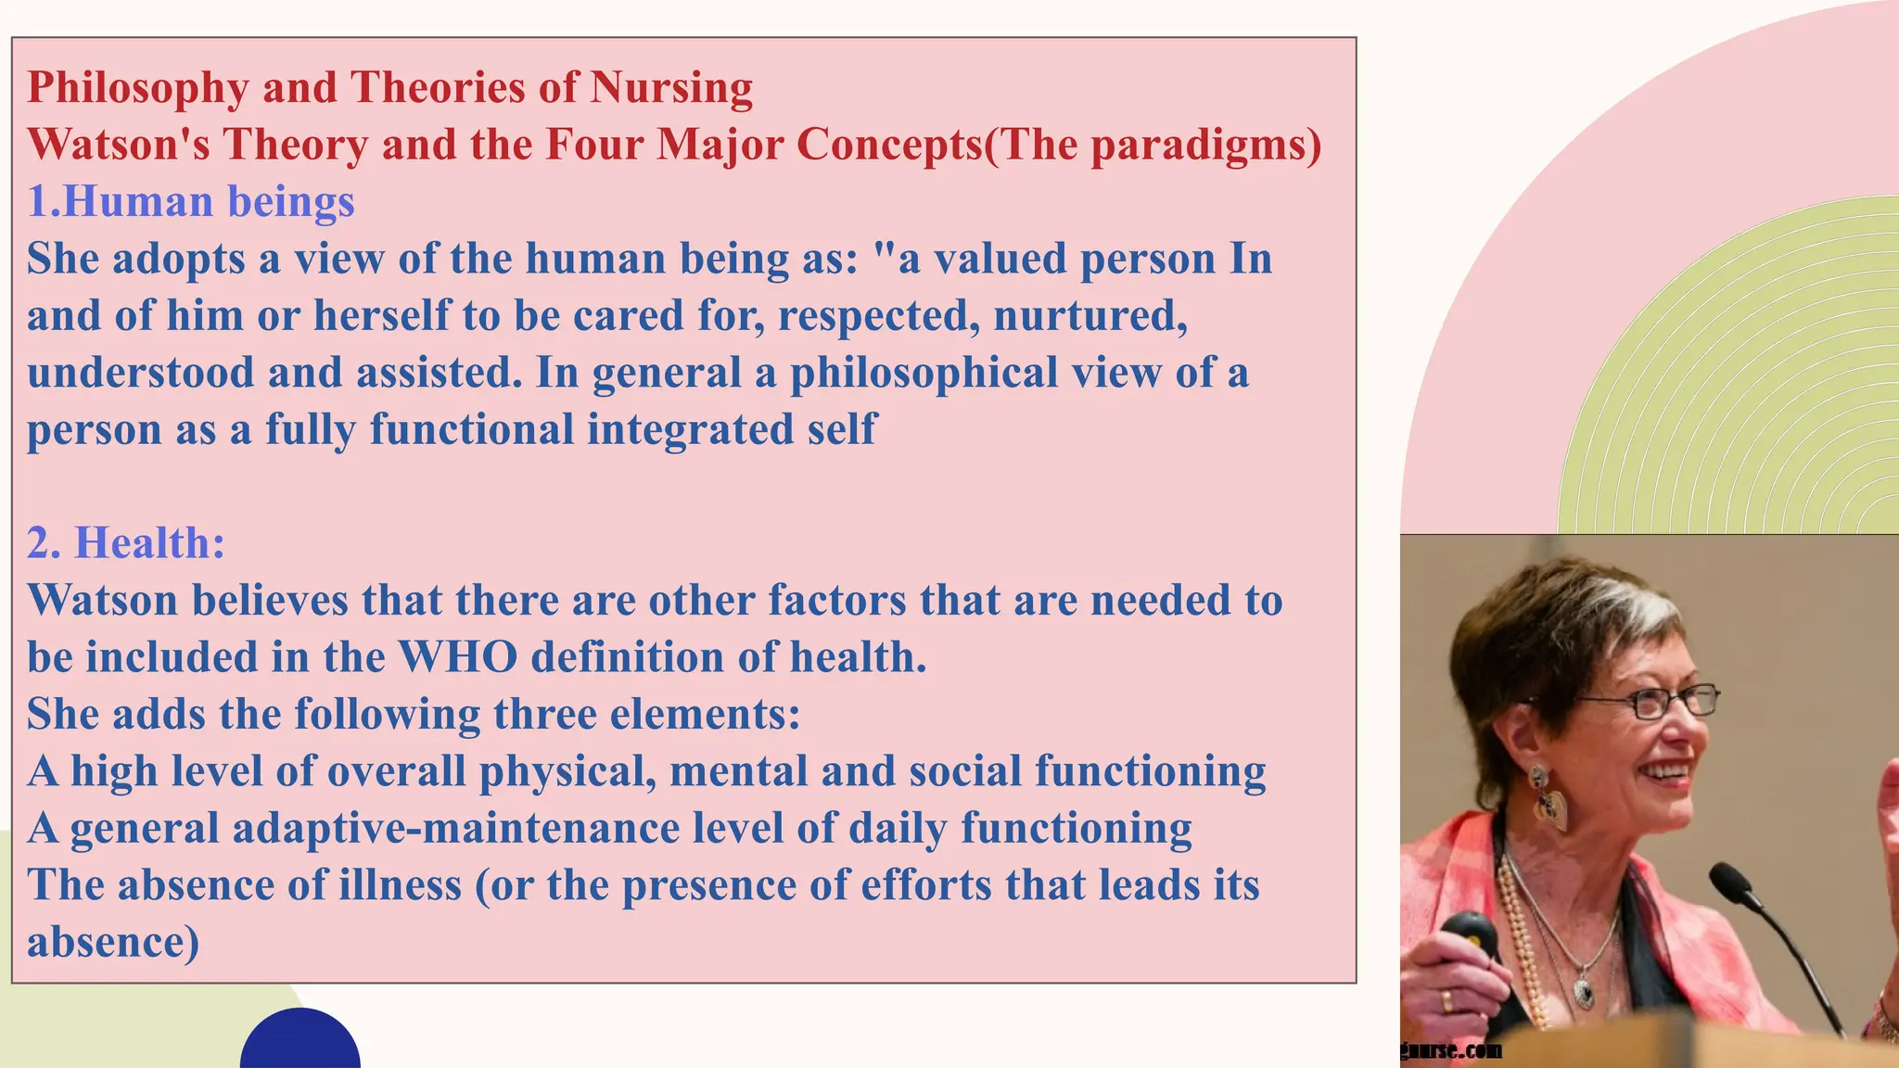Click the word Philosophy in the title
[x=138, y=89]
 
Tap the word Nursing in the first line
[x=671, y=89]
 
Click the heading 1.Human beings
[x=191, y=202]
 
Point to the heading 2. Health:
[x=126, y=543]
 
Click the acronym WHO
[x=458, y=657]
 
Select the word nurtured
[x=1090, y=316]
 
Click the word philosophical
[x=923, y=374]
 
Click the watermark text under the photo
[x=1451, y=1050]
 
